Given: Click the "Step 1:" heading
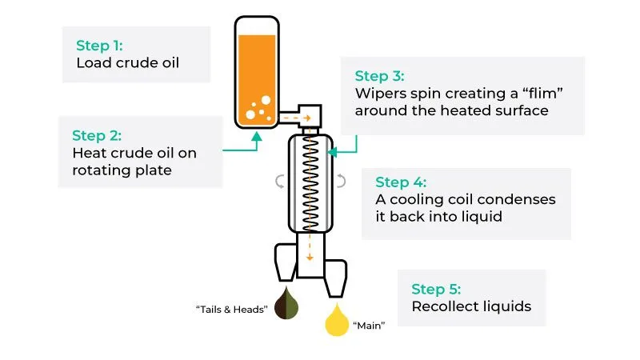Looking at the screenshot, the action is pyautogui.click(x=99, y=46).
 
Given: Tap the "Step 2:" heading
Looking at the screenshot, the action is pyautogui.click(x=97, y=135).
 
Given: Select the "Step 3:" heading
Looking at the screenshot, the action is pyautogui.click(x=379, y=76).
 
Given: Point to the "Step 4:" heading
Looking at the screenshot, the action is pyautogui.click(x=401, y=182).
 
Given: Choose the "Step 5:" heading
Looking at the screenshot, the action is pyautogui.click(x=436, y=289).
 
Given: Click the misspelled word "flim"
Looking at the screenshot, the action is pyautogui.click(x=543, y=93).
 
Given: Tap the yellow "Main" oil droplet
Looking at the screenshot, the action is pyautogui.click(x=337, y=320).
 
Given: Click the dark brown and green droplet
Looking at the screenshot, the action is pyautogui.click(x=286, y=303).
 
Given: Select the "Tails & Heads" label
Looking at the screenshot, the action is pyautogui.click(x=232, y=310).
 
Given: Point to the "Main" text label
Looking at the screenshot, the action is pyautogui.click(x=369, y=326).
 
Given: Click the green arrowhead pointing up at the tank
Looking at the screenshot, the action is pyautogui.click(x=256, y=136).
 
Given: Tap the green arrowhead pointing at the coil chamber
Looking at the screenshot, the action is pyautogui.click(x=332, y=152).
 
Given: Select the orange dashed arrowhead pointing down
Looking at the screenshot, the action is pyautogui.click(x=310, y=258).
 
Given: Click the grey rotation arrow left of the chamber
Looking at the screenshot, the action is pyautogui.click(x=280, y=182).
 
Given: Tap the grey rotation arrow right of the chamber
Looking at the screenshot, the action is pyautogui.click(x=341, y=181).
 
